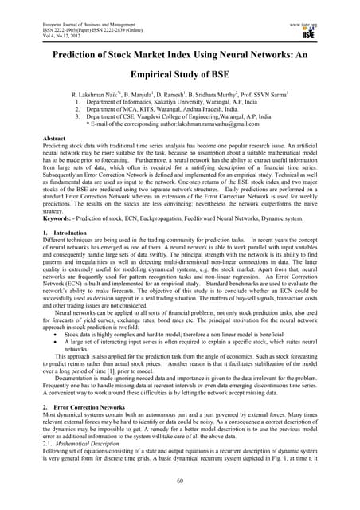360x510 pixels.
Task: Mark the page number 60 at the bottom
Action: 180,481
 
